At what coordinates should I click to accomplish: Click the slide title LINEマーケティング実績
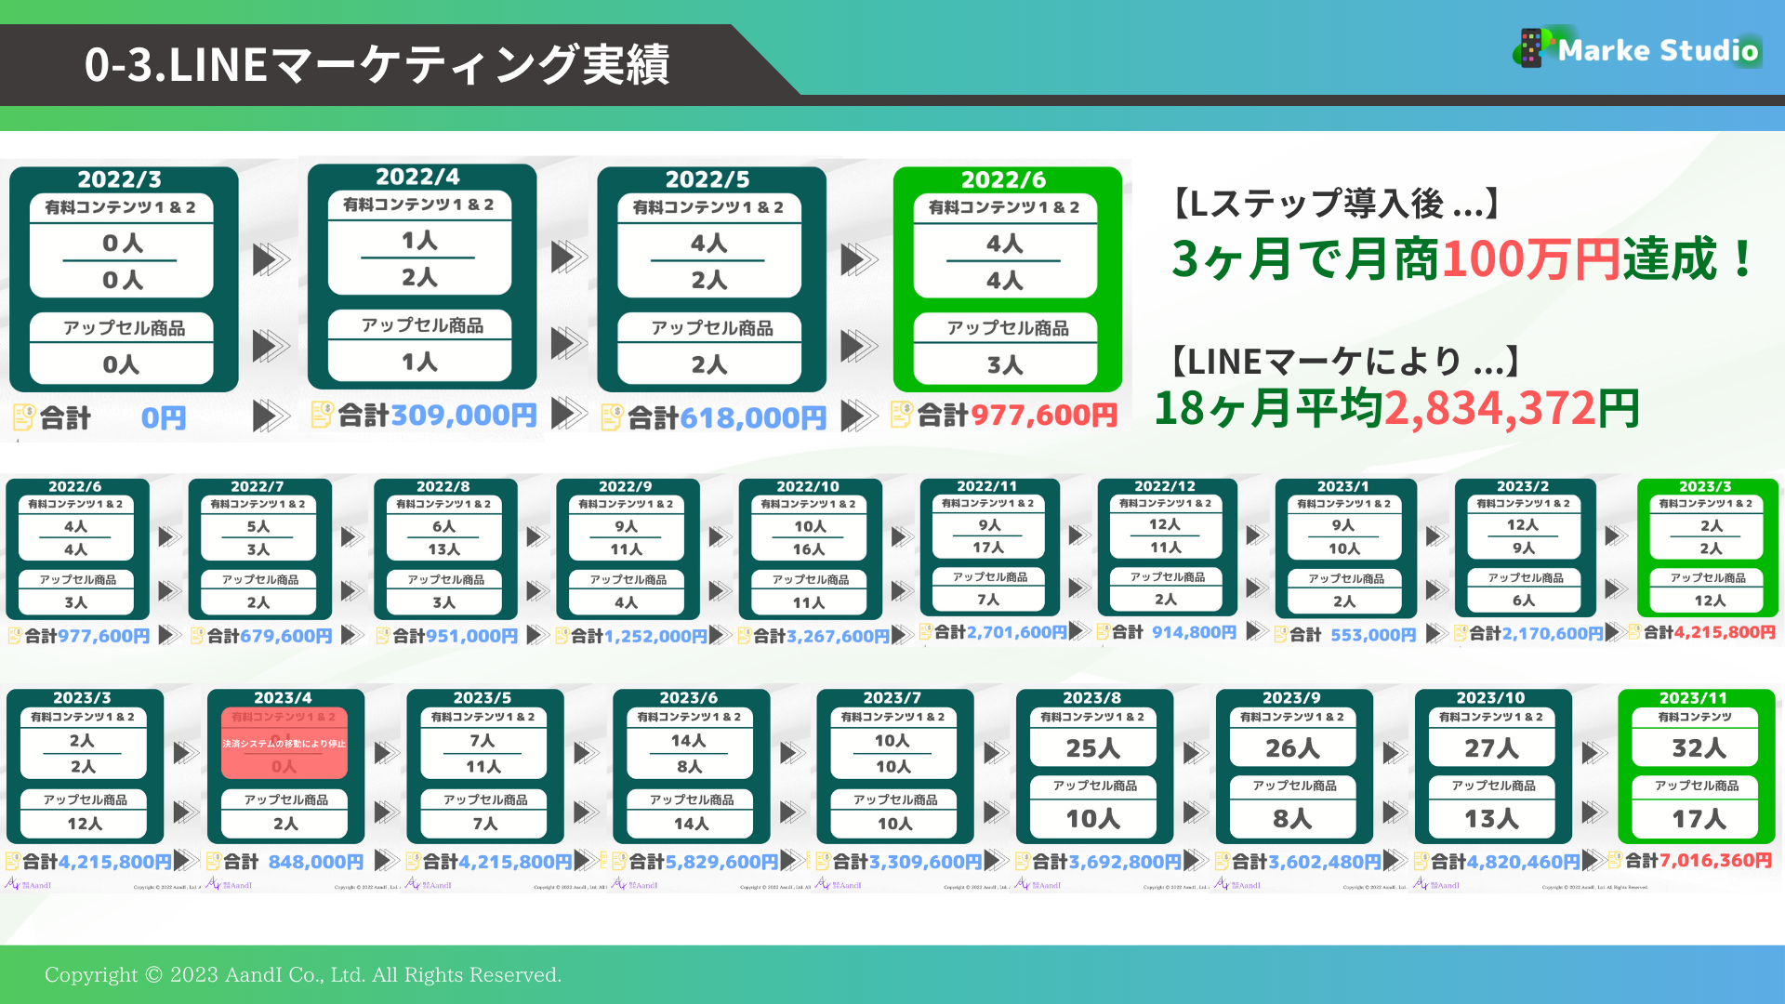(x=377, y=65)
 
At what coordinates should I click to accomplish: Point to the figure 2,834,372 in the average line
(x=1488, y=408)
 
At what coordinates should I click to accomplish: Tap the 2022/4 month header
(x=417, y=177)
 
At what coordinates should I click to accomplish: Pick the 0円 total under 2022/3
(x=164, y=418)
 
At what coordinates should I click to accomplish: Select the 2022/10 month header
(x=808, y=486)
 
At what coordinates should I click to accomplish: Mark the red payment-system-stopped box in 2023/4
(x=284, y=744)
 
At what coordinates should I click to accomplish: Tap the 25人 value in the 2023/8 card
(x=1093, y=748)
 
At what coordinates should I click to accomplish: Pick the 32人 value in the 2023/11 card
(x=1699, y=748)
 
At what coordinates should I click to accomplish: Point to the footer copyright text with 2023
(x=303, y=974)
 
